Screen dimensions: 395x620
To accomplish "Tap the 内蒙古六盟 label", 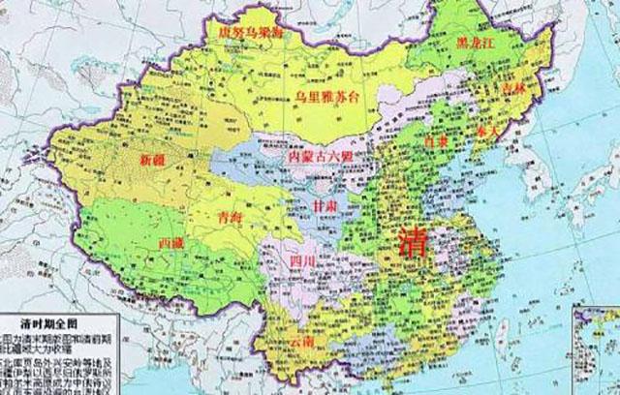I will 313,156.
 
